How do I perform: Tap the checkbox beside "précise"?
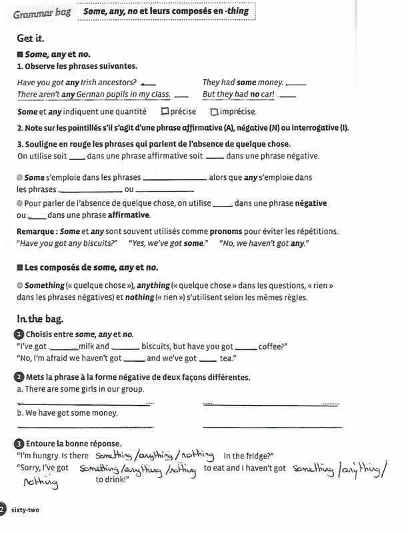[165, 111]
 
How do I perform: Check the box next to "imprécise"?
[213, 111]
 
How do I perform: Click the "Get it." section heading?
[31, 39]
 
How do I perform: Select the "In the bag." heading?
[37, 320]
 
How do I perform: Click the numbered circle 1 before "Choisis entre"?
[19, 334]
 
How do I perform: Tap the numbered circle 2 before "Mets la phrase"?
[19, 377]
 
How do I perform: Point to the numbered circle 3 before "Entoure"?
[19, 443]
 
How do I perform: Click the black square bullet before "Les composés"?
[20, 267]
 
